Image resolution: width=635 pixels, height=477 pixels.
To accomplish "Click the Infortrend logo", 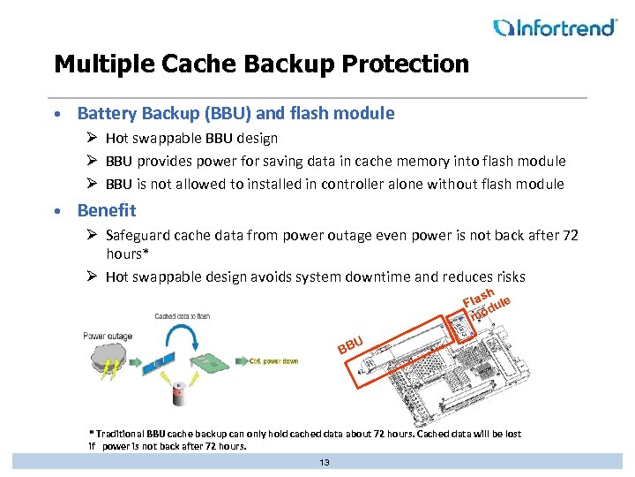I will click(555, 27).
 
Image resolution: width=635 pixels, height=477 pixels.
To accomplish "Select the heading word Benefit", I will click(107, 210).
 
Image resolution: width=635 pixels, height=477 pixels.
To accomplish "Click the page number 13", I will click(324, 462).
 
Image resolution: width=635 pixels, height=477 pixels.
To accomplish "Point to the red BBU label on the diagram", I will click(350, 344).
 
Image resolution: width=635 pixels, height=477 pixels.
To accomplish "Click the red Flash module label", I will click(485, 303).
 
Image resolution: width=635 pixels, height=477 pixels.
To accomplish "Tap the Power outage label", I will click(108, 336).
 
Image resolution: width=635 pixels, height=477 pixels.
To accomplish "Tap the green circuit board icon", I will click(212, 363).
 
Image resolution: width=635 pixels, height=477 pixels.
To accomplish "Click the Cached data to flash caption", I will click(182, 315).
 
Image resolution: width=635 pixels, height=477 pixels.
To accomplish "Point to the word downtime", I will click(376, 276).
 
